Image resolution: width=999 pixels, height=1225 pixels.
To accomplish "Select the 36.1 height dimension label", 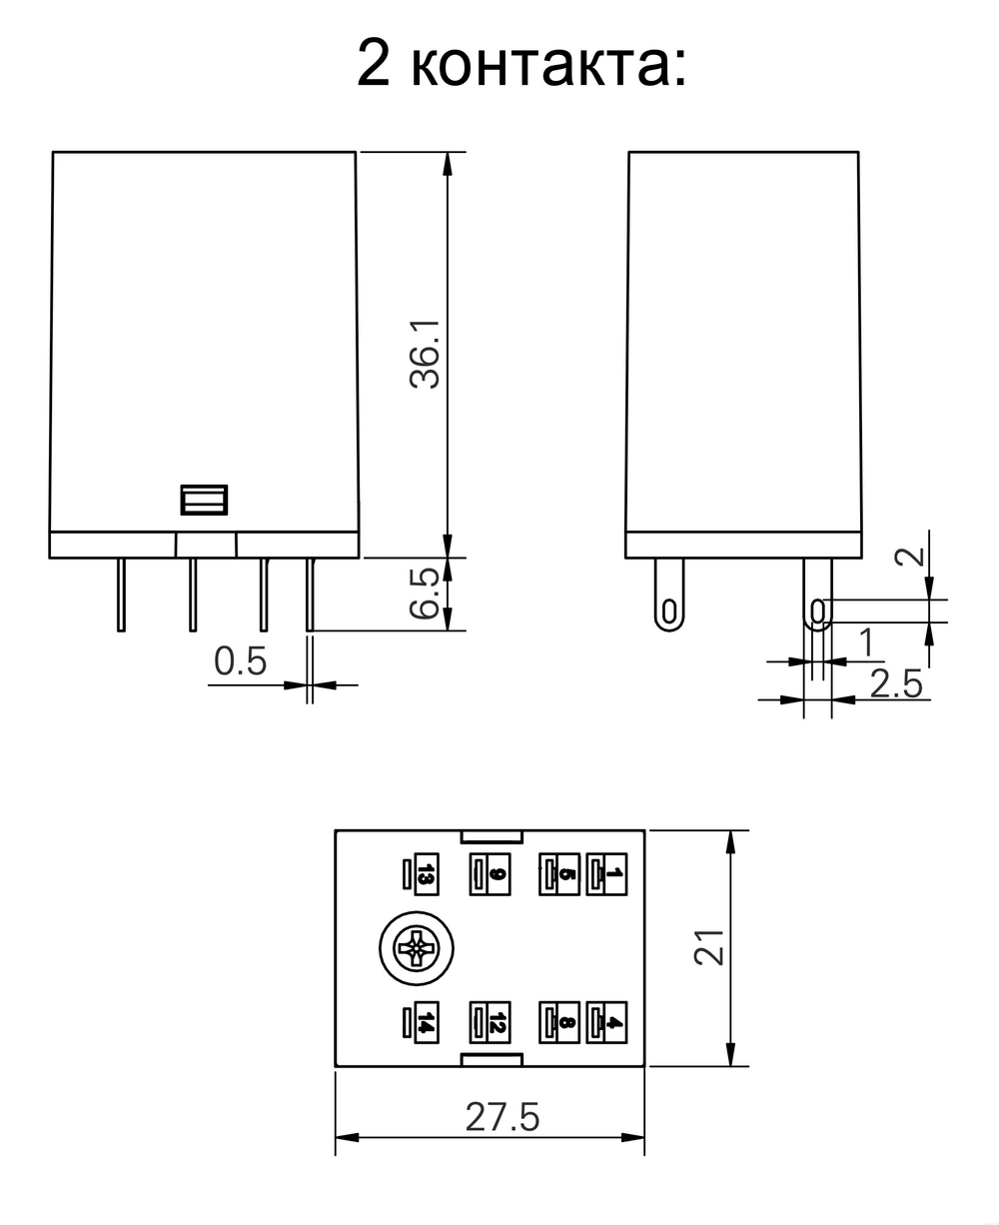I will [425, 356].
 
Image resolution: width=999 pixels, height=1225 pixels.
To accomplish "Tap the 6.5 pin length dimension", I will [425, 595].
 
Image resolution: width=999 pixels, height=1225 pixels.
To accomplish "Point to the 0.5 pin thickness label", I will [241, 660].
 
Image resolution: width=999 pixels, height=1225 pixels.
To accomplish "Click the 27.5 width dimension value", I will [502, 1117].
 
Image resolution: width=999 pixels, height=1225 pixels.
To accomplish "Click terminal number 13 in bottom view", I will [426, 875].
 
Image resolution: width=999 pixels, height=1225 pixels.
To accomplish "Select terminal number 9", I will [498, 875].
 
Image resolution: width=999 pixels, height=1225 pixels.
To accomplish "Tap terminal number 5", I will [566, 875].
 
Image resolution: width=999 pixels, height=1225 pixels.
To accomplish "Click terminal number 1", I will [614, 875].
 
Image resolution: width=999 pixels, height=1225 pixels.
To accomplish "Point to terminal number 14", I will [426, 1022].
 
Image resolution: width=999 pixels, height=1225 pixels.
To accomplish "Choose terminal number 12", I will [498, 1022].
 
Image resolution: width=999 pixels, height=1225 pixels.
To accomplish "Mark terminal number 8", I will [566, 1022].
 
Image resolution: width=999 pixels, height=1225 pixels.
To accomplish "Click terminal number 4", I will [614, 1022].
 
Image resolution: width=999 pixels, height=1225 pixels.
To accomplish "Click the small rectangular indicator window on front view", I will [204, 500].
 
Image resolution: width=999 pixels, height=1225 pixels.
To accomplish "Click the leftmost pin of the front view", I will [121, 595].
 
